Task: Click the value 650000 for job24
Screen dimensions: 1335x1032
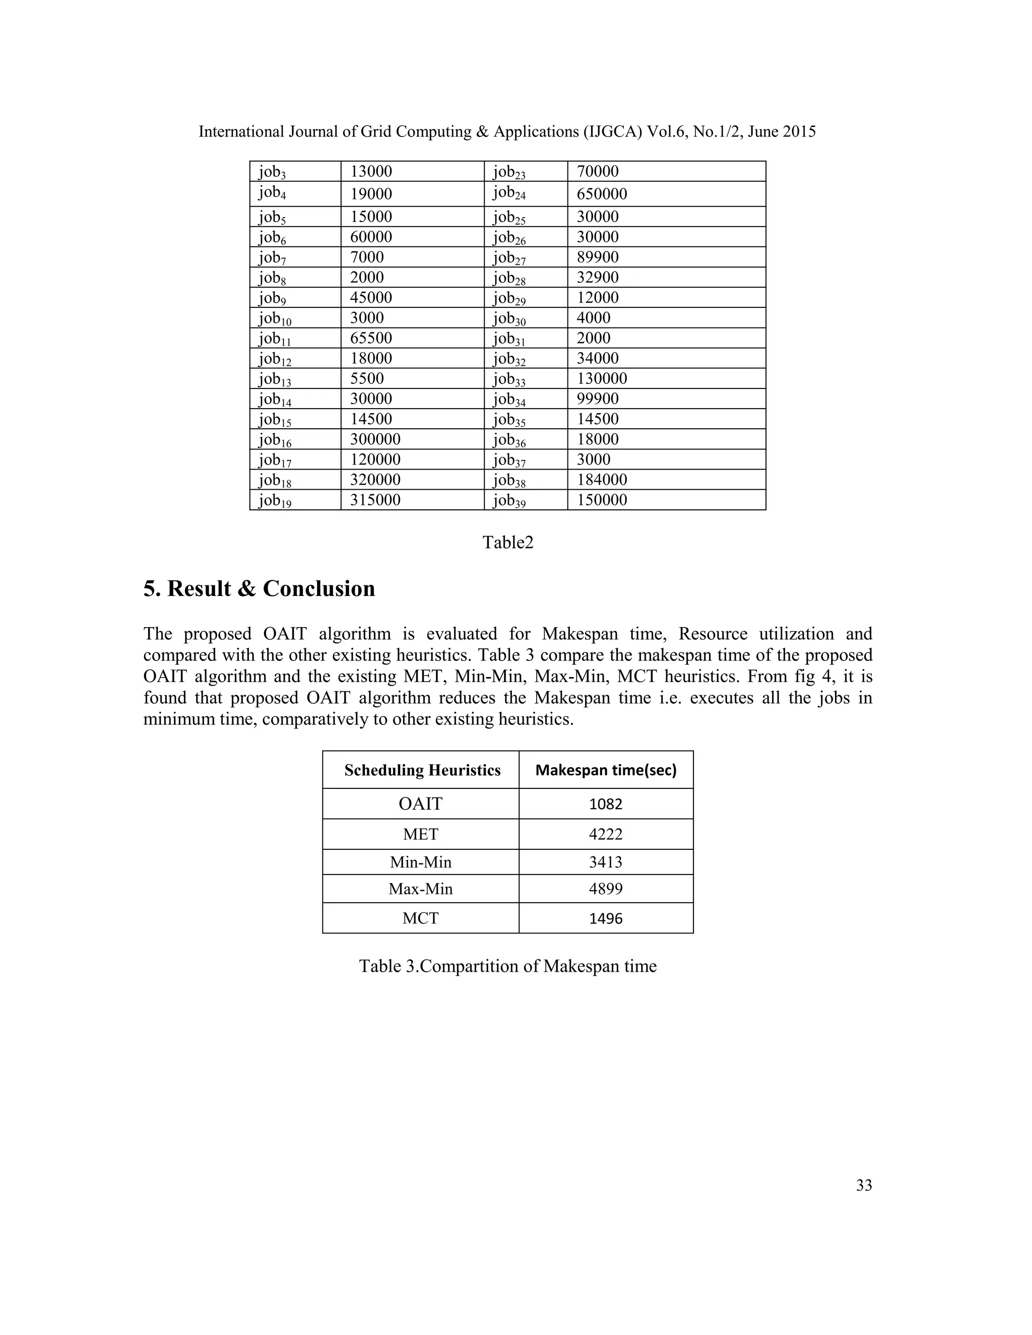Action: (602, 194)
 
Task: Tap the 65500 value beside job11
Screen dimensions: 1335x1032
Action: (370, 338)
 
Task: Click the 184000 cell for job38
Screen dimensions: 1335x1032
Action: (602, 480)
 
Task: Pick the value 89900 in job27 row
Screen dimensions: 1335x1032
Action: (597, 257)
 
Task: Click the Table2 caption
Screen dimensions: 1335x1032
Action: (507, 542)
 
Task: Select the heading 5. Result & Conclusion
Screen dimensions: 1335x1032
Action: (259, 588)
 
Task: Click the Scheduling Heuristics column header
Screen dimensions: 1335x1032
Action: (422, 770)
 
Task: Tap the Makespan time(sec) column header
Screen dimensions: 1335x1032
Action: (605, 770)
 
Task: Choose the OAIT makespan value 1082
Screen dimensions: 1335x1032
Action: (605, 804)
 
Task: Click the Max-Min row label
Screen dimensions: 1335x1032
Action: (421, 889)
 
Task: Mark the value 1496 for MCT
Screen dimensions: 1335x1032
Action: (605, 919)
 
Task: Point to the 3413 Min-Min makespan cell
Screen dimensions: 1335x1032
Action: (605, 862)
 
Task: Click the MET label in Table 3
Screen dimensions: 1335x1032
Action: (421, 834)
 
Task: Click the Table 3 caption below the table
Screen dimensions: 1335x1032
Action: (507, 966)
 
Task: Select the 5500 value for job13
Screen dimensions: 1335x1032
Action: (367, 378)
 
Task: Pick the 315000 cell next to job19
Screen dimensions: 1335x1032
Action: (375, 500)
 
